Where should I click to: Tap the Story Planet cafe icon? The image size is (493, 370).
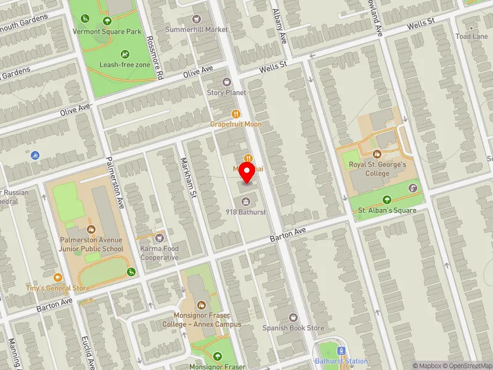[226, 81]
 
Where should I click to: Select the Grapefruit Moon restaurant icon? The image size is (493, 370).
[236, 113]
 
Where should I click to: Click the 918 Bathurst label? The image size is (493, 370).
[245, 212]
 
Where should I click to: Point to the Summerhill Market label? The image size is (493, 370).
[197, 30]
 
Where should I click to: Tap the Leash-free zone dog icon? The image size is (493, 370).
[126, 54]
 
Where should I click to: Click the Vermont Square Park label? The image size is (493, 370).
[107, 31]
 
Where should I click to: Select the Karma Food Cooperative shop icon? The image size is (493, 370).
[160, 237]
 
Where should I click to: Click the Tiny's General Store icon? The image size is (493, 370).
[58, 277]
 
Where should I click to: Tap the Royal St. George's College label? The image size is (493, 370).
[378, 169]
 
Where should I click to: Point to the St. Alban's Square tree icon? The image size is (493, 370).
[387, 199]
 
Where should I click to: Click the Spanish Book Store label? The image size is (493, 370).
[293, 328]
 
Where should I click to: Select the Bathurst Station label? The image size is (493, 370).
[341, 361]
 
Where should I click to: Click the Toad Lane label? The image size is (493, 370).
[471, 36]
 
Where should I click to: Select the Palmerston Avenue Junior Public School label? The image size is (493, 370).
[92, 244]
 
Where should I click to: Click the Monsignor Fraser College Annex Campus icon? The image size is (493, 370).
[202, 305]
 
